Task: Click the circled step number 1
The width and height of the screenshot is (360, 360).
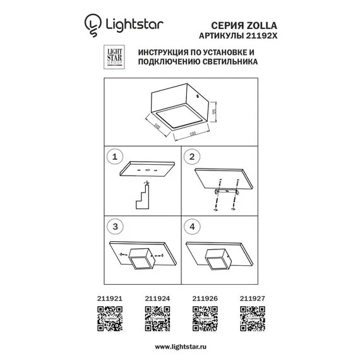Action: pos(114,156)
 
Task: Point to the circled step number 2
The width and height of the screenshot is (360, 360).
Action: pos(194,156)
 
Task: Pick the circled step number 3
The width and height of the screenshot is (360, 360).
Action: pos(114,225)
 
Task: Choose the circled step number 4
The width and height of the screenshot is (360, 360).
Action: pos(194,225)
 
